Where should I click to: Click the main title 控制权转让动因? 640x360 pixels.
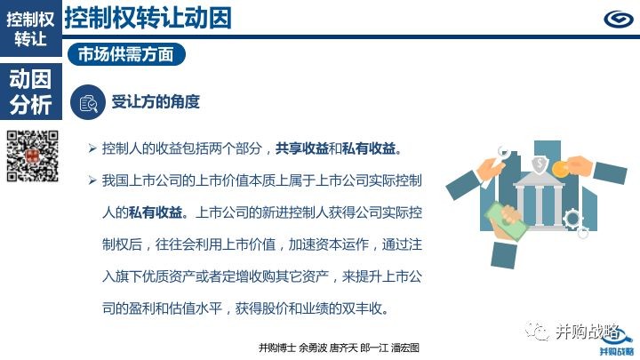click(x=148, y=18)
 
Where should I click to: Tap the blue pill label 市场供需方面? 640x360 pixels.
click(x=126, y=54)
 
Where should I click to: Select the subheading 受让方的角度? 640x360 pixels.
click(x=156, y=101)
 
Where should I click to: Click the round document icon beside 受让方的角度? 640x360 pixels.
click(x=88, y=102)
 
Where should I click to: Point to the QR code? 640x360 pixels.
click(x=33, y=156)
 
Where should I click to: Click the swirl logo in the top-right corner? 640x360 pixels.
click(x=619, y=19)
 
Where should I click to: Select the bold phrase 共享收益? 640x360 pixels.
click(x=302, y=148)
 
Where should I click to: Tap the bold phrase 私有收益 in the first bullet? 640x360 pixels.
click(x=369, y=148)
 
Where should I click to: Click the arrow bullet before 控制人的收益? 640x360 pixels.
click(x=92, y=148)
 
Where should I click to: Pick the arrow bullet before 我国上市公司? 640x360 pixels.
click(x=92, y=180)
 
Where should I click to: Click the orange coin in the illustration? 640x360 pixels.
click(x=560, y=169)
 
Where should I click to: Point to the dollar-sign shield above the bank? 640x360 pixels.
click(x=540, y=164)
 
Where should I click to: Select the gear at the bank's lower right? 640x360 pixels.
click(x=573, y=220)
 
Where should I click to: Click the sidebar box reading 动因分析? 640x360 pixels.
click(x=31, y=92)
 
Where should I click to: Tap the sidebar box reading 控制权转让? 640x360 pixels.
click(x=31, y=28)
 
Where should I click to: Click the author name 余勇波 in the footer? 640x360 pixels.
click(x=313, y=348)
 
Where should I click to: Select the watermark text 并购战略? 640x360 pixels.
click(x=587, y=332)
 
